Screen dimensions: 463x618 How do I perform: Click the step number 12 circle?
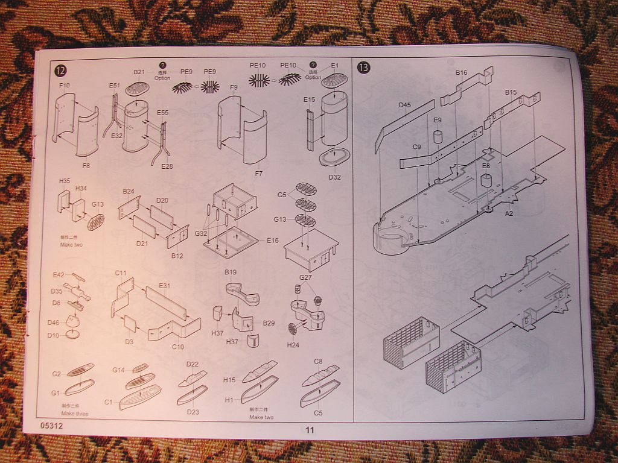(60, 70)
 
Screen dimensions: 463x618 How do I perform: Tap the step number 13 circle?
(363, 67)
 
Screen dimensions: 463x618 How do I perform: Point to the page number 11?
(310, 430)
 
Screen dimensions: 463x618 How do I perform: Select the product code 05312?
(53, 425)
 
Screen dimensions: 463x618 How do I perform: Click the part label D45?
(404, 105)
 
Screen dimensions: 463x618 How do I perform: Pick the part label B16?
(461, 72)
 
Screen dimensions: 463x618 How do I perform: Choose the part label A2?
(509, 213)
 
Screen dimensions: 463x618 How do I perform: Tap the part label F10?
(65, 86)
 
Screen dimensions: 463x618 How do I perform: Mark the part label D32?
(335, 177)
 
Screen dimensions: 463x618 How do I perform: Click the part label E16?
(273, 240)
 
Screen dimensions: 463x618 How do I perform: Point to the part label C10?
(177, 347)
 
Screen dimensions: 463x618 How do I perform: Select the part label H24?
(293, 345)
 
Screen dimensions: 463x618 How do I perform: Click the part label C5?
(318, 413)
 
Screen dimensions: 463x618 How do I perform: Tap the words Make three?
(74, 414)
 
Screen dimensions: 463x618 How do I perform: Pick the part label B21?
(139, 72)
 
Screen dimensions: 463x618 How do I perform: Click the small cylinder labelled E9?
(438, 136)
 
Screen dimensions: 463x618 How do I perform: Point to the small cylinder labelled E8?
(486, 180)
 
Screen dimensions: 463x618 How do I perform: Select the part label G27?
(305, 277)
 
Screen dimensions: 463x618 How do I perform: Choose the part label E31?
(165, 285)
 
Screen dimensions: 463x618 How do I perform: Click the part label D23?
(193, 412)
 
